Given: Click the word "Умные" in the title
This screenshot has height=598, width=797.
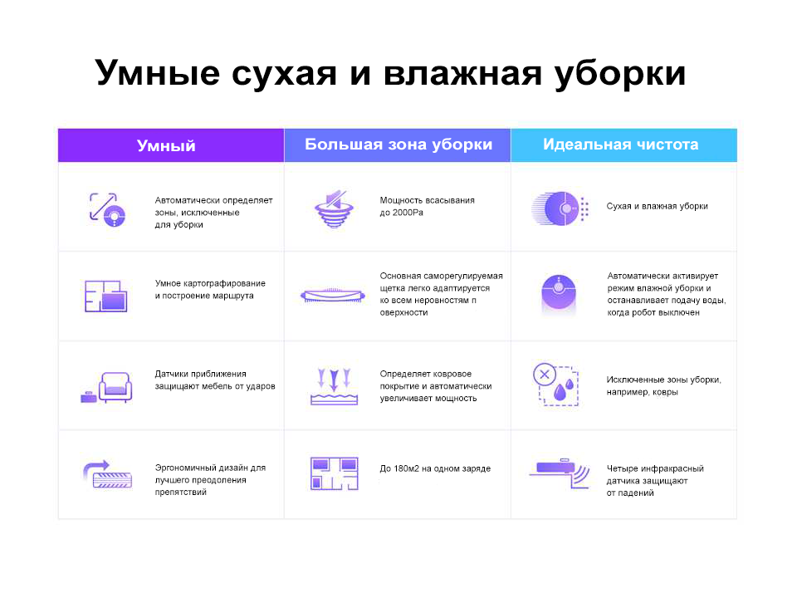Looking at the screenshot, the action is pyautogui.click(x=158, y=73).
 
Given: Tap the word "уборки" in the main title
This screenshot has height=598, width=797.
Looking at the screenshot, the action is pyautogui.click(x=621, y=73).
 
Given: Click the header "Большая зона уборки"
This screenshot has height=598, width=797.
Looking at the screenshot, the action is pyautogui.click(x=398, y=145).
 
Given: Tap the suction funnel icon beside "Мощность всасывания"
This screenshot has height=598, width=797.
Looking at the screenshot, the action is pyautogui.click(x=334, y=209).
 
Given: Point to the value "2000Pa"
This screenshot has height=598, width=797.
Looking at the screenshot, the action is pyautogui.click(x=408, y=213).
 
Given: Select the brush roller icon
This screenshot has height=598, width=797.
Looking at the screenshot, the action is pyautogui.click(x=333, y=296).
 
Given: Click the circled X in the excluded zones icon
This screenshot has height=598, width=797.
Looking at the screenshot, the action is pyautogui.click(x=545, y=375).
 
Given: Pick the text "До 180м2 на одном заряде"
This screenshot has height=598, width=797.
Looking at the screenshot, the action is pyautogui.click(x=435, y=468).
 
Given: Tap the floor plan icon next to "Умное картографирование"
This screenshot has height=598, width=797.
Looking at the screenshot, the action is pyautogui.click(x=105, y=296).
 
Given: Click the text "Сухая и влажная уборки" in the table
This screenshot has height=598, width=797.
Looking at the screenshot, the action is pyautogui.click(x=658, y=206).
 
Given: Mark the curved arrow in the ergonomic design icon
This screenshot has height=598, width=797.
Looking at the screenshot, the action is pyautogui.click(x=96, y=468).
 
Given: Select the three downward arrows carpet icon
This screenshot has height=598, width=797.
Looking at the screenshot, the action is pyautogui.click(x=334, y=386).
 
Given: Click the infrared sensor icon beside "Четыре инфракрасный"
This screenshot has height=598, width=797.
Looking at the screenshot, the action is pyautogui.click(x=559, y=473).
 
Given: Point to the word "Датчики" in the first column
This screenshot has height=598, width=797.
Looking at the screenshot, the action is pyautogui.click(x=173, y=374).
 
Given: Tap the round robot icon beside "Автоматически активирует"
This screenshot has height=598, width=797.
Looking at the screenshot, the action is pyautogui.click(x=559, y=294).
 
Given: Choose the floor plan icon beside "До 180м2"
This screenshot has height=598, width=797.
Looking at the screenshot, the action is pyautogui.click(x=334, y=473).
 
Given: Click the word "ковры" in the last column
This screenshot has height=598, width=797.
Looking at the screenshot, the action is pyautogui.click(x=664, y=392).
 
